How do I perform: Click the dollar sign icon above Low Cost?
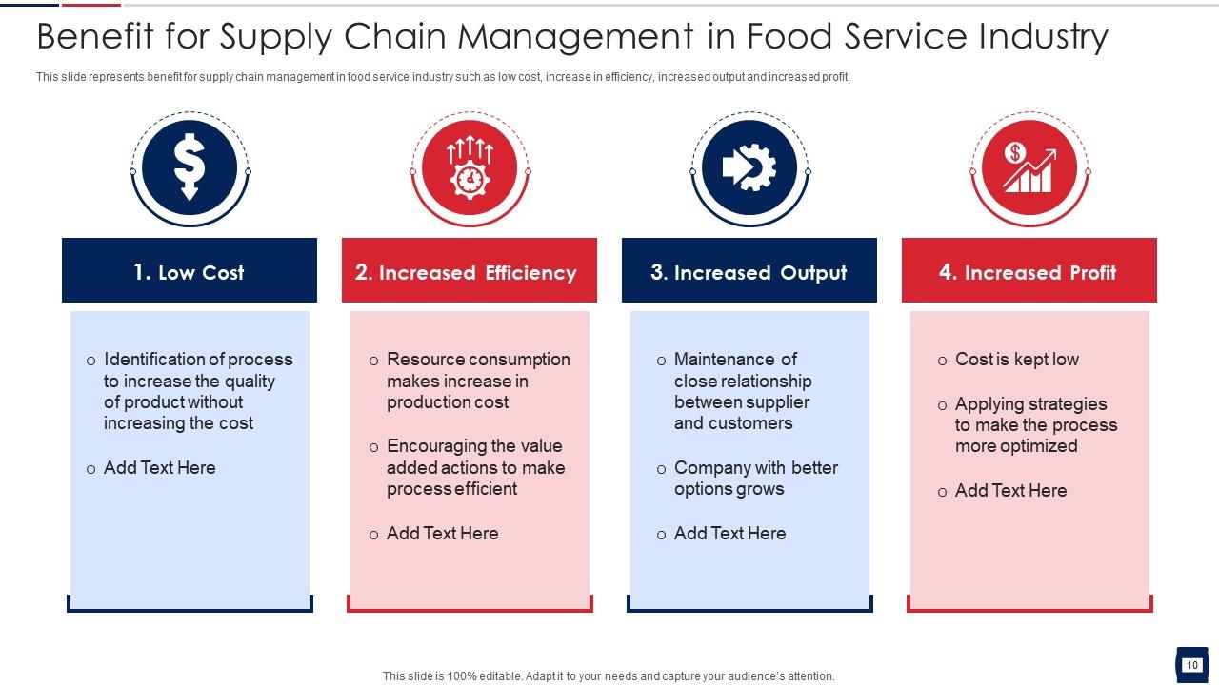pos(190,167)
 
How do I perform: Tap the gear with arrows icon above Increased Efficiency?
pos(470,167)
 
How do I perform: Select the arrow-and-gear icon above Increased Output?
pos(749,167)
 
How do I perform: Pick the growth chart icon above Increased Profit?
pos(1029,167)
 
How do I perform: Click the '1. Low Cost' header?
pos(190,272)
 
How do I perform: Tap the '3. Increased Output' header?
pos(749,272)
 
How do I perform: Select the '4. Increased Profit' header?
pos(1029,272)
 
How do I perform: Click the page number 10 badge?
pos(1191,665)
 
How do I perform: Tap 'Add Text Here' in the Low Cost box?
pos(159,468)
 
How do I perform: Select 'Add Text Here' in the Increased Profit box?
pos(1010,491)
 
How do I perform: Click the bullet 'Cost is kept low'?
pos(1016,360)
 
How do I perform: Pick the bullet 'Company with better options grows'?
pos(755,479)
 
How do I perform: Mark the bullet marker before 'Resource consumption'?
pos(374,361)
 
